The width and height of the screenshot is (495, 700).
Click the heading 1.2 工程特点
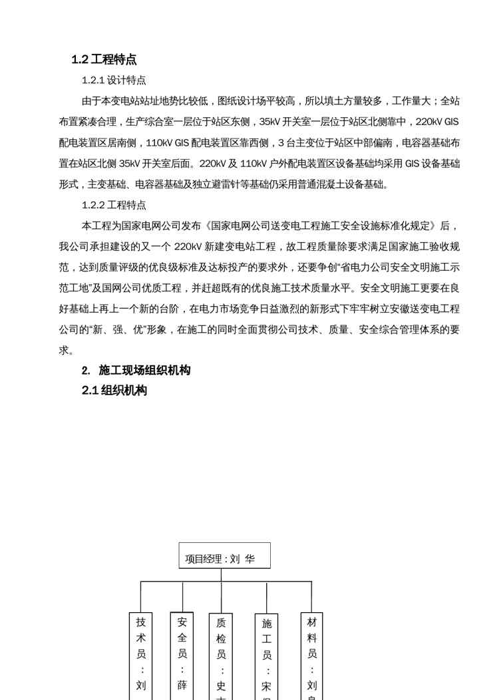coord(104,60)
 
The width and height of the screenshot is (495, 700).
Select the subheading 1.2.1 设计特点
coord(114,81)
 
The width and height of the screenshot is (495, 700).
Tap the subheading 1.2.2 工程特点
coord(114,205)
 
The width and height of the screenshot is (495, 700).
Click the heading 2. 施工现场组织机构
coord(136,371)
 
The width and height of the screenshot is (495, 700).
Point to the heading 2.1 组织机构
coord(114,391)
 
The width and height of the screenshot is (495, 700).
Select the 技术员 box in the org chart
coord(140,655)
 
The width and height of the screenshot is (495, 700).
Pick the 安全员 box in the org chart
coord(182,655)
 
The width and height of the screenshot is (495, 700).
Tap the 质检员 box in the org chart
coord(221,655)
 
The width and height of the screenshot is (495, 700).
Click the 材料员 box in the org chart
coord(311,655)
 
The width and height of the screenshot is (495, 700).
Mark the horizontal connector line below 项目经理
coord(226,582)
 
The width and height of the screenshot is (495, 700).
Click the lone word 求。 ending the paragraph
coord(67,350)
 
